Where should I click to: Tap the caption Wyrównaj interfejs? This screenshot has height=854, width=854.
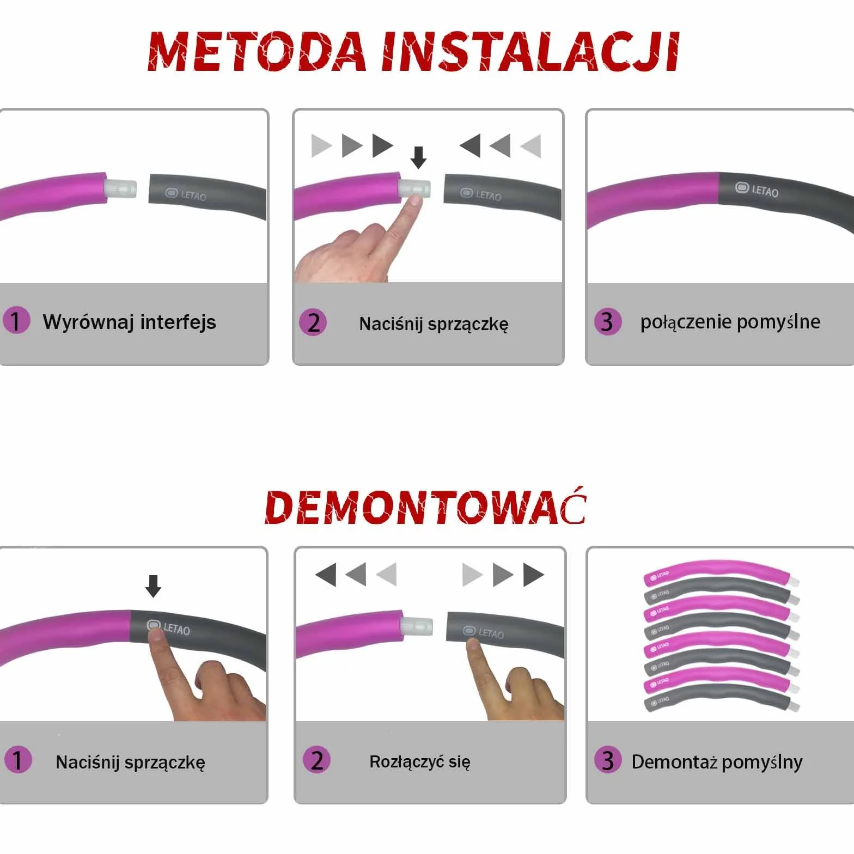click(129, 322)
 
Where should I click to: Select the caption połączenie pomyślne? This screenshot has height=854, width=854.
click(730, 322)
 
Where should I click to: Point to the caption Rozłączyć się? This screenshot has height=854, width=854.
click(420, 761)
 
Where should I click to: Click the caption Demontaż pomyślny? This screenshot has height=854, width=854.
click(717, 762)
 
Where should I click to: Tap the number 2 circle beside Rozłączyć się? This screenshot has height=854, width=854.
click(316, 760)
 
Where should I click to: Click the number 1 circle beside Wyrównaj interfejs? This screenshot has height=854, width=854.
click(16, 320)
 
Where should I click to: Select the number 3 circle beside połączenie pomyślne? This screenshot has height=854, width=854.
click(608, 321)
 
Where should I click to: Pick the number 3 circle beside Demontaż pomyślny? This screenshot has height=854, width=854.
click(608, 760)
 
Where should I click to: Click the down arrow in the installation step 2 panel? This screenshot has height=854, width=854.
click(418, 157)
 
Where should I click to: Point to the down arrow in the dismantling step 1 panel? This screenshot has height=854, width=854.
click(154, 586)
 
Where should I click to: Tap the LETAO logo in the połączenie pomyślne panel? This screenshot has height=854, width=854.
click(757, 190)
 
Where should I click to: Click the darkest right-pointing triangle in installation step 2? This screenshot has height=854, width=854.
click(383, 145)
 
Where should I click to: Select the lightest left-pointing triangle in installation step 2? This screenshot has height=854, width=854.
click(531, 145)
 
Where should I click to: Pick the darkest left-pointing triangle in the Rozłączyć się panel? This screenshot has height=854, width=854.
click(326, 575)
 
